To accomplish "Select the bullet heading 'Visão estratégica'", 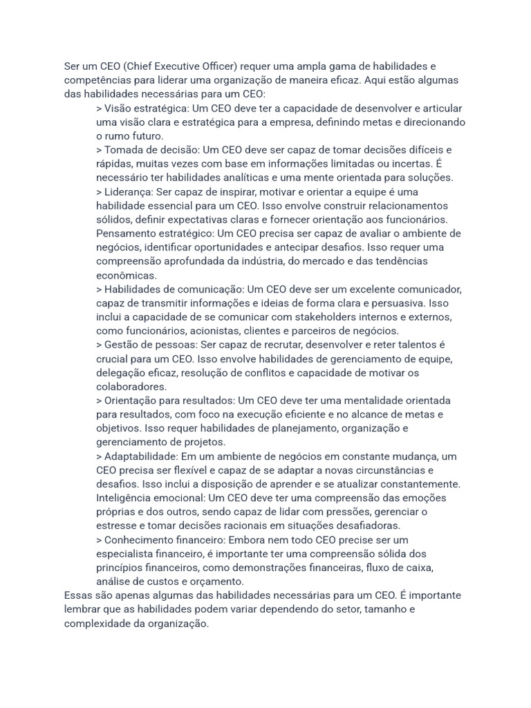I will click(x=146, y=109).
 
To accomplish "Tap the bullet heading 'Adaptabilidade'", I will click(x=141, y=456).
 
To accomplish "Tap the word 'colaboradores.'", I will click(x=131, y=386).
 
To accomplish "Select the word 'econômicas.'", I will click(x=127, y=275).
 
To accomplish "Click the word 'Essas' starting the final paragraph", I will click(x=77, y=595).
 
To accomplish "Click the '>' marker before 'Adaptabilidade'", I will click(x=99, y=456).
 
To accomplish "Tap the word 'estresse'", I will click(x=116, y=526).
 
